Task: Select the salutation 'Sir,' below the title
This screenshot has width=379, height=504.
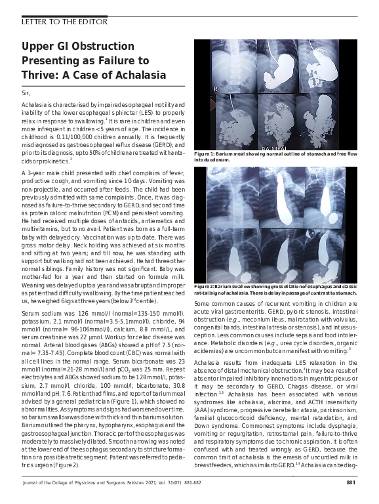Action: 26,94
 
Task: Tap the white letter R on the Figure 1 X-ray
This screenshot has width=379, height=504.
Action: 215,88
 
